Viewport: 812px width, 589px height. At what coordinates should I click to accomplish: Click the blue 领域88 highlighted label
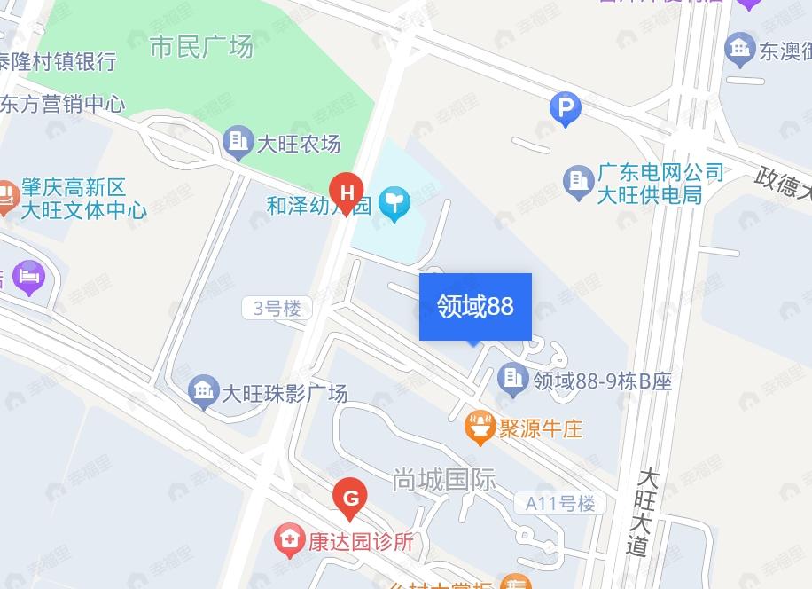pos(475,306)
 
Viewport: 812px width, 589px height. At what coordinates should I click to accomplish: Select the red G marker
pos(350,499)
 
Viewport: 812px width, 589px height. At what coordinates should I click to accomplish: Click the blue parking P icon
pos(565,110)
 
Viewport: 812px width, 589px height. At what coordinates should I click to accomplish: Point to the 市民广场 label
pos(201,46)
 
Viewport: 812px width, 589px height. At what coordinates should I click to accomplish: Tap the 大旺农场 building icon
pos(238,141)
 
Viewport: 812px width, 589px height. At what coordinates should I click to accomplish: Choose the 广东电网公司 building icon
pos(578,182)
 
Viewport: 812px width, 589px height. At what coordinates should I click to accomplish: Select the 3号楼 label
pos(277,309)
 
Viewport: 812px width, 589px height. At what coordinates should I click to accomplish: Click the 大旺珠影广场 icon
pos(204,391)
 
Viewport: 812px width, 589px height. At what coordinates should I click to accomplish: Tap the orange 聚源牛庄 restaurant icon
pos(480,428)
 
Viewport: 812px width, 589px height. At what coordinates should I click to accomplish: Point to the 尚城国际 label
pos(444,480)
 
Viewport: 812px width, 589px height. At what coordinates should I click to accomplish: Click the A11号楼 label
pos(560,504)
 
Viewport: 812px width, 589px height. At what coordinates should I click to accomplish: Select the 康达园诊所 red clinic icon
pos(288,539)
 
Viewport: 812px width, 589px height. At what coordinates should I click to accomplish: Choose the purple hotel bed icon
pos(28,276)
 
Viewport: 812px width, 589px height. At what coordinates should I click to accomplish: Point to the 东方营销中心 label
pos(61,104)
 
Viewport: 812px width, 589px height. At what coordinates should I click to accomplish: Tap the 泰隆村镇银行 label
pos(58,61)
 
